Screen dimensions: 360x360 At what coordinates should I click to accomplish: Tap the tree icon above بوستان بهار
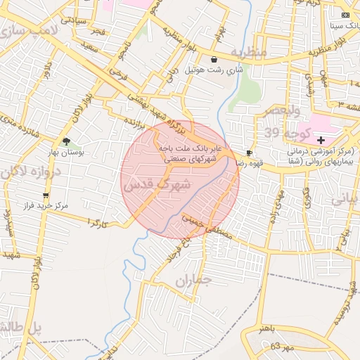[66, 141]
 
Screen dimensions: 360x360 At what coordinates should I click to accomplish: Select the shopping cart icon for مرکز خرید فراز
[46, 195]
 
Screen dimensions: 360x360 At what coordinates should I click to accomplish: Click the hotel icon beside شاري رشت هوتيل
[214, 60]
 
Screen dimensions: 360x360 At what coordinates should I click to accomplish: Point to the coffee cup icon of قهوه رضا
[249, 153]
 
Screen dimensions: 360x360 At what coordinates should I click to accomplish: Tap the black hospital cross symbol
[321, 141]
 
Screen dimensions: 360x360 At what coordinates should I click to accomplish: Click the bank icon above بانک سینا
[345, 15]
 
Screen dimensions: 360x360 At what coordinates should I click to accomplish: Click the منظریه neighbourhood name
[250, 53]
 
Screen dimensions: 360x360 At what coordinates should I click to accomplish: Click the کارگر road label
[96, 222]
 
